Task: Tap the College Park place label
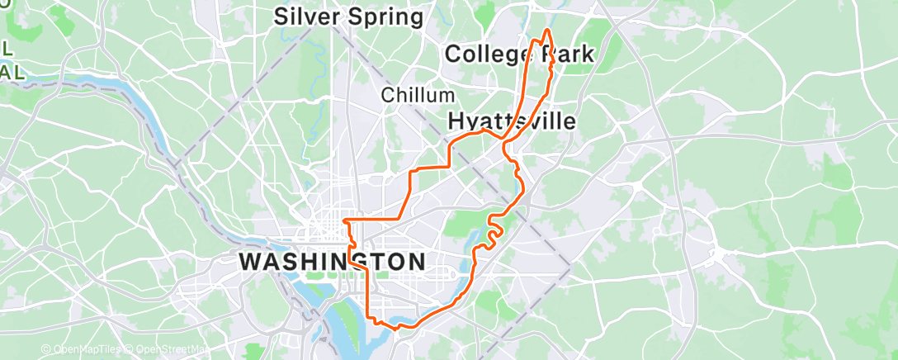[x=518, y=55]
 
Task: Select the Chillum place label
[x=418, y=96]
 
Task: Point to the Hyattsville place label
[x=511, y=121]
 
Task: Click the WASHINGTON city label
[x=333, y=262]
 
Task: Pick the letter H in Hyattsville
[x=456, y=121]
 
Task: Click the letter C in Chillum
[x=387, y=96]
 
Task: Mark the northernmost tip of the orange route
[x=547, y=30]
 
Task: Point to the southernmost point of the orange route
[x=399, y=328]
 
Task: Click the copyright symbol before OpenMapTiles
[x=46, y=349]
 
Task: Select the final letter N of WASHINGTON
[x=417, y=262]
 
